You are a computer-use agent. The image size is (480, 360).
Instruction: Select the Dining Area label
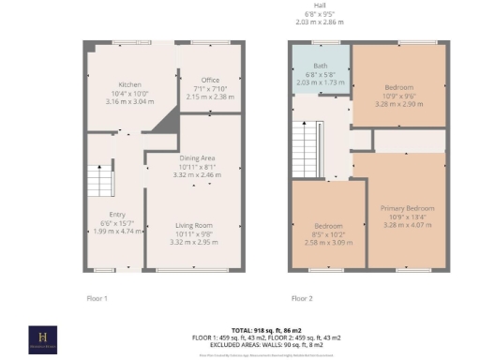[x=197, y=158]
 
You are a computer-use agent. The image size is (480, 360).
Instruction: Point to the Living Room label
[x=195, y=226]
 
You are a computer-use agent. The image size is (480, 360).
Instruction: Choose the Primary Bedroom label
[x=407, y=207]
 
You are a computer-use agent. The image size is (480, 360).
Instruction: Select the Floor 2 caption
[x=302, y=298]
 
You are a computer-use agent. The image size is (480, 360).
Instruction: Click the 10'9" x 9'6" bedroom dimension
[x=398, y=94]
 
